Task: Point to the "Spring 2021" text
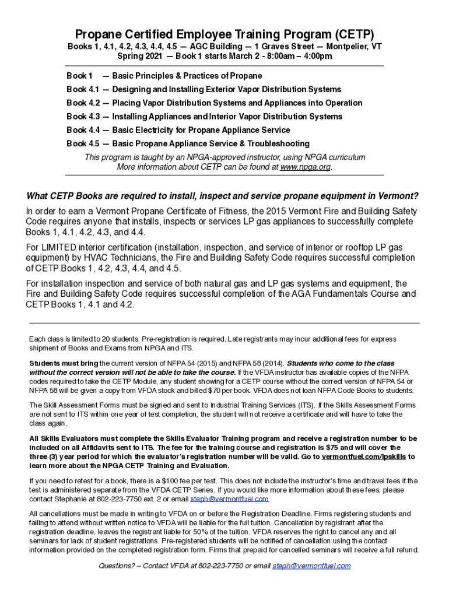click(140, 57)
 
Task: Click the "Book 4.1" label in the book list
click(83, 89)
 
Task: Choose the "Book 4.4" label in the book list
click(83, 130)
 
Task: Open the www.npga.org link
click(305, 167)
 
